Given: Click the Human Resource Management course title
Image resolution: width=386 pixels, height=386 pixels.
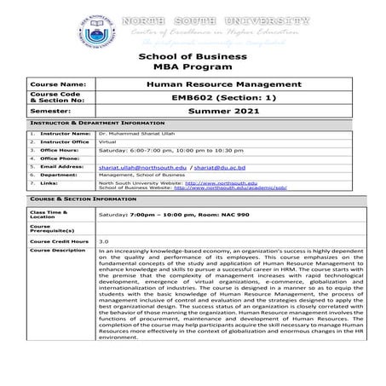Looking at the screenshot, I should click(224, 85).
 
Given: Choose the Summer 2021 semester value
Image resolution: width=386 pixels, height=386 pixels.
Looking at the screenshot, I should click(224, 111).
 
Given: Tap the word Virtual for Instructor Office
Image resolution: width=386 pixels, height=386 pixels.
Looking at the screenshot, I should click(107, 141).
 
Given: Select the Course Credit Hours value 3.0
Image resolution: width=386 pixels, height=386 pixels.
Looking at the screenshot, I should click(103, 241).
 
